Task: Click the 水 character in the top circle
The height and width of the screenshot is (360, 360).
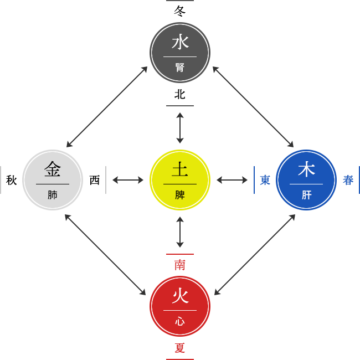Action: click(x=180, y=42)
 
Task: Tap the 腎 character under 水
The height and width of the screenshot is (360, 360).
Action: click(x=180, y=68)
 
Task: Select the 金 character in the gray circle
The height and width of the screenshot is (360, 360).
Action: click(x=53, y=168)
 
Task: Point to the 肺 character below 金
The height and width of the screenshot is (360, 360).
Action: click(x=53, y=195)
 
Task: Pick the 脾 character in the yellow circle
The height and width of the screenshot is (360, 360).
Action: click(x=180, y=195)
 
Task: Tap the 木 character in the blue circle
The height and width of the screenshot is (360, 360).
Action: click(x=306, y=169)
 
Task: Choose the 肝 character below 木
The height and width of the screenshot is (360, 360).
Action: click(x=306, y=195)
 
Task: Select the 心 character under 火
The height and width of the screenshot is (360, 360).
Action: click(x=180, y=321)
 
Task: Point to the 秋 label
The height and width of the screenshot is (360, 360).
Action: click(x=11, y=180)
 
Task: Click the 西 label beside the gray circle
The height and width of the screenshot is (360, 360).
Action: click(x=95, y=180)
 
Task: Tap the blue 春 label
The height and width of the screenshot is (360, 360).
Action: click(x=348, y=180)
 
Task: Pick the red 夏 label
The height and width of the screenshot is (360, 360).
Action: click(x=179, y=348)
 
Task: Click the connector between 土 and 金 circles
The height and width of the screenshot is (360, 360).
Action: click(x=128, y=180)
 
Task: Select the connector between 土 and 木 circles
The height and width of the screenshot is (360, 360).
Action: click(x=232, y=180)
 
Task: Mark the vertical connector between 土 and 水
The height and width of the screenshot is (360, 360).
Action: click(x=180, y=128)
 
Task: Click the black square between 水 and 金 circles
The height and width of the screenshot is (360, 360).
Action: click(x=107, y=107)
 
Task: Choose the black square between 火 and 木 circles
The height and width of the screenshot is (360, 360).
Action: click(x=255, y=254)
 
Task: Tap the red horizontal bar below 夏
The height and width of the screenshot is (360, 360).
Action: click(x=179, y=358)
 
